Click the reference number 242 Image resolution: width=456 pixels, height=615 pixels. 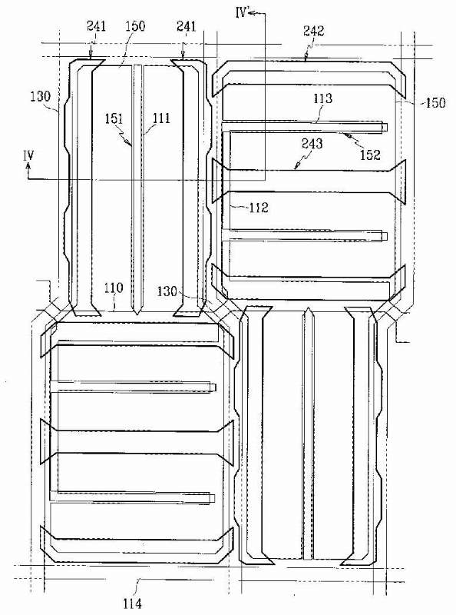coord(313,31)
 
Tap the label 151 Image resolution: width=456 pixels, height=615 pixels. coord(114,118)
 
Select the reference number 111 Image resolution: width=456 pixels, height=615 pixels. coord(160,118)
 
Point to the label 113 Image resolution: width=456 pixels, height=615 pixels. coord(322,98)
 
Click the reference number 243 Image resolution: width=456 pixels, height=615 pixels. coord(312,144)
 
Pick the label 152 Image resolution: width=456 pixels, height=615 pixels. coord(370,155)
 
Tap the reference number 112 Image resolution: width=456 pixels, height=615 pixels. coord(259,207)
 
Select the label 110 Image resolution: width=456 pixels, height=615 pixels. coord(114,288)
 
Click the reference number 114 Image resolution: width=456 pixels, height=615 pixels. coord(132,603)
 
